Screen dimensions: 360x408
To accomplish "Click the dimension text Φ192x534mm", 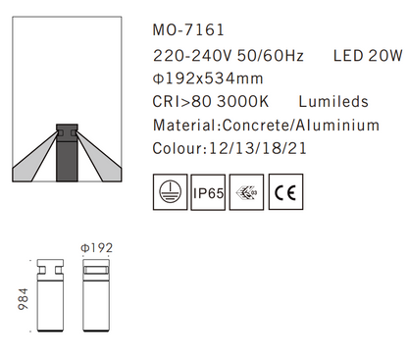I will click(210, 77).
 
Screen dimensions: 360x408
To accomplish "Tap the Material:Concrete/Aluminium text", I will click(265, 126).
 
